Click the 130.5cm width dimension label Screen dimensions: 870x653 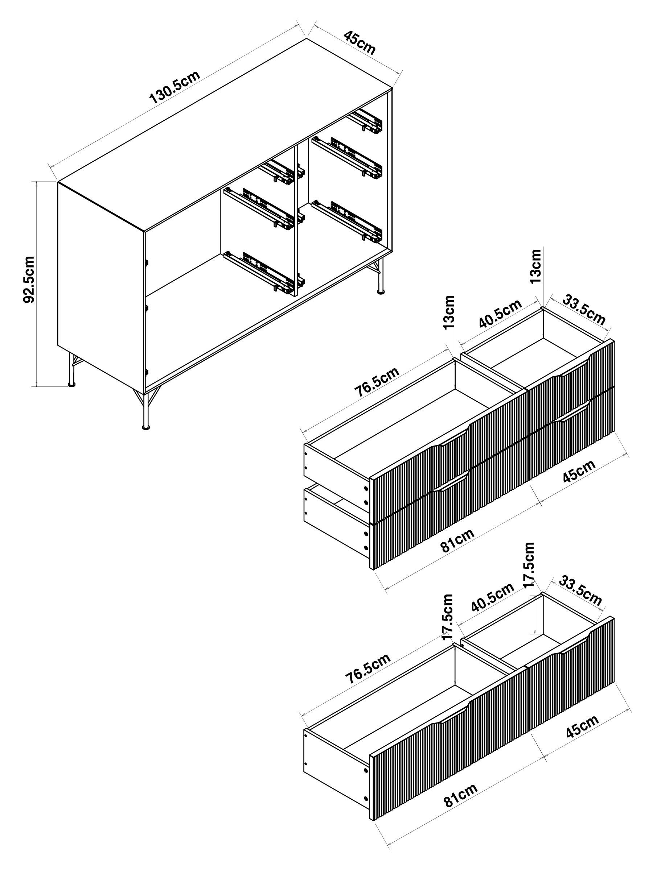[x=175, y=87]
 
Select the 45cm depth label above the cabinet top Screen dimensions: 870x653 [x=360, y=42]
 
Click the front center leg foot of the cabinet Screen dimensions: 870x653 [x=145, y=426]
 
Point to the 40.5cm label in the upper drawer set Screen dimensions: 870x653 [x=500, y=314]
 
